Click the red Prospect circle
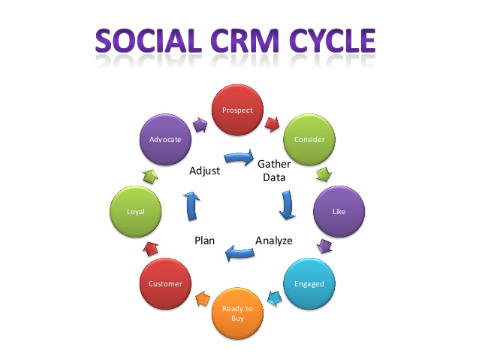[237, 110]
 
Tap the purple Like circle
[339, 211]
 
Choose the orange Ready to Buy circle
[237, 313]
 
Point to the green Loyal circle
[137, 212]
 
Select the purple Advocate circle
[165, 140]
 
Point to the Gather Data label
[274, 170]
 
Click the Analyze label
[273, 241]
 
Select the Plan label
[205, 241]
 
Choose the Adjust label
[205, 171]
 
